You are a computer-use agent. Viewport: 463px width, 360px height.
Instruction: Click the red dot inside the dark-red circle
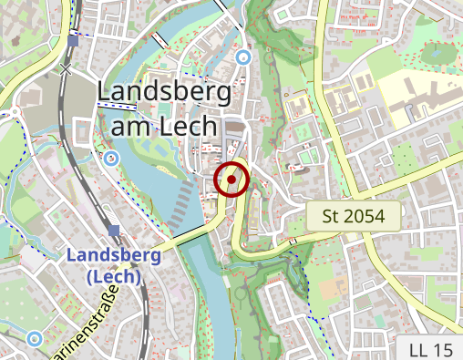(232, 180)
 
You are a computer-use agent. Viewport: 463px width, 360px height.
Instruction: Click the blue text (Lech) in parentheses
(114, 276)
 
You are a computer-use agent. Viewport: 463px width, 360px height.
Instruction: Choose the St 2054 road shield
(352, 217)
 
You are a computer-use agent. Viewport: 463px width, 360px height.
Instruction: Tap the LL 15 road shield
(430, 349)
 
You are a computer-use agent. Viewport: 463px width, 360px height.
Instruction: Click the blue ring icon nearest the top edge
(242, 57)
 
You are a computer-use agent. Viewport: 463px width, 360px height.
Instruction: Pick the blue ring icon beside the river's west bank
(111, 159)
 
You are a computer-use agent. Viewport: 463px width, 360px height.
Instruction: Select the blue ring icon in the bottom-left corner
(35, 339)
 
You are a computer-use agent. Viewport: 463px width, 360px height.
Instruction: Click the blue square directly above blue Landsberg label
(114, 231)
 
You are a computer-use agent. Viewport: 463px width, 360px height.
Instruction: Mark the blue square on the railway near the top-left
(73, 41)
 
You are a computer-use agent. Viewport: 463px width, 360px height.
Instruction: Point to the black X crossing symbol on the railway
(66, 68)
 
